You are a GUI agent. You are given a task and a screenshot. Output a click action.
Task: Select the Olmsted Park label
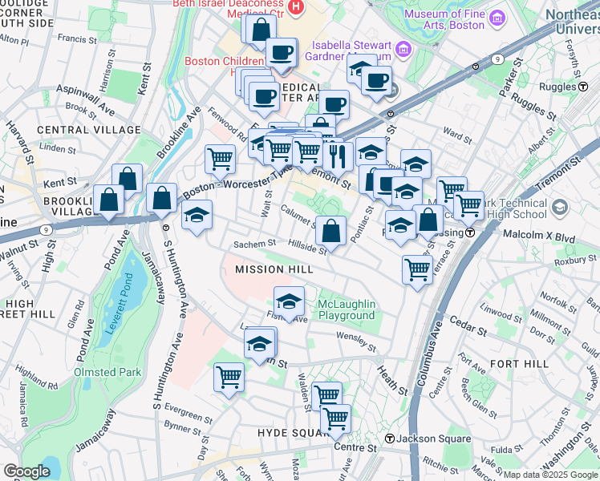pyautogui.click(x=107, y=372)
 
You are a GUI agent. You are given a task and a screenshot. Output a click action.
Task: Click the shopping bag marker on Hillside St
pyautogui.click(x=330, y=232)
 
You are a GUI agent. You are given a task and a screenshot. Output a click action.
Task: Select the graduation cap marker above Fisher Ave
pyautogui.click(x=289, y=302)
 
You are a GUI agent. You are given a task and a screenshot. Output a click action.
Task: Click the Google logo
pyautogui.click(x=26, y=471)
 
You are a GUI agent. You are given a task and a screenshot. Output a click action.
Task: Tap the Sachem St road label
pyautogui.click(x=254, y=244)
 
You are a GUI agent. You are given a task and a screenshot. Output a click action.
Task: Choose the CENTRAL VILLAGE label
pyautogui.click(x=77, y=130)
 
